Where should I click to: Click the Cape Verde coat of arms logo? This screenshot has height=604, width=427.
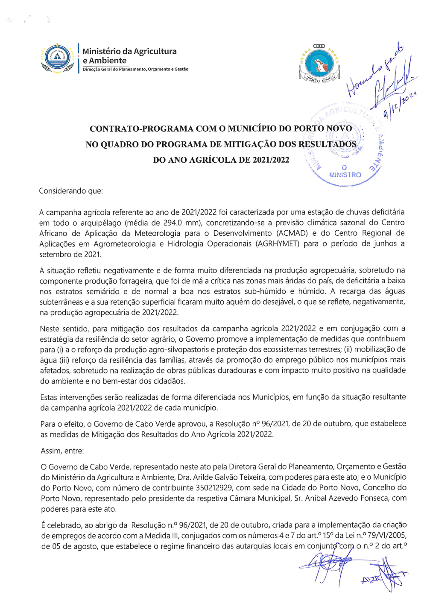pyautogui.click(x=58, y=58)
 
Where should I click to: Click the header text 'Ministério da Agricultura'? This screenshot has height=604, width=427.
pyautogui.click(x=129, y=51)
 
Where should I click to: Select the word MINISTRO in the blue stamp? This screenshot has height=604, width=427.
pyautogui.click(x=345, y=175)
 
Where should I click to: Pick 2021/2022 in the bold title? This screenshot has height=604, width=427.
pyautogui.click(x=271, y=160)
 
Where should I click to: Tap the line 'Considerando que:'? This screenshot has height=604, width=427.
pyautogui.click(x=71, y=191)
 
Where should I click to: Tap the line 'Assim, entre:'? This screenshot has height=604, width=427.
pyautogui.click(x=62, y=451)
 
